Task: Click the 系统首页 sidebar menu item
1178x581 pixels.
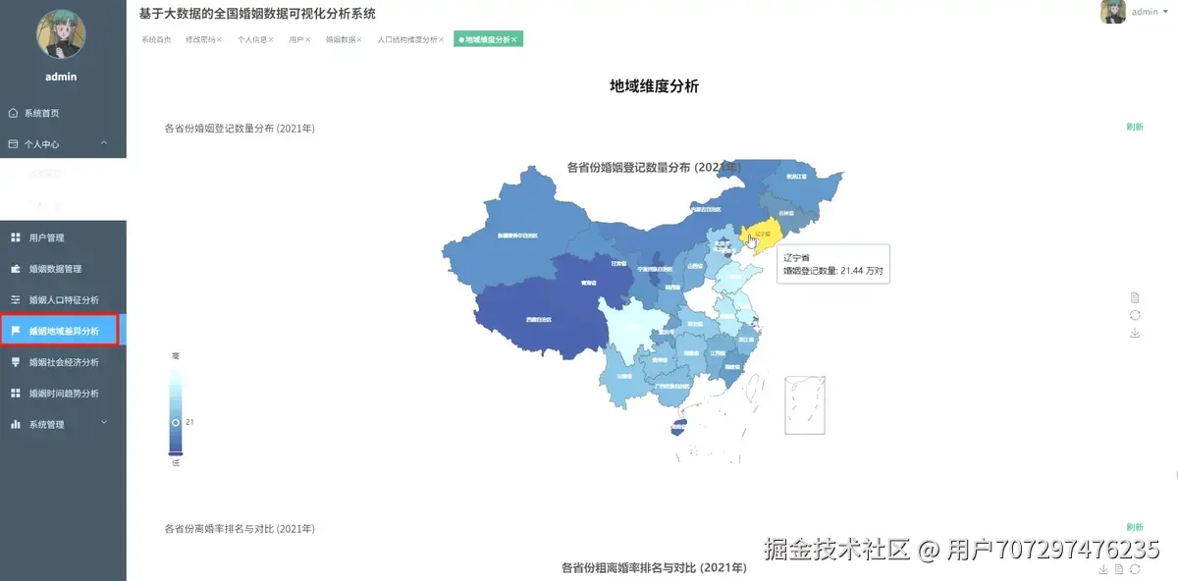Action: pyautogui.click(x=41, y=113)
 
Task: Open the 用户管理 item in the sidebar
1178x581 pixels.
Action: pyautogui.click(x=46, y=238)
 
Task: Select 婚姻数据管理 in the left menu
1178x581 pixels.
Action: pyautogui.click(x=55, y=269)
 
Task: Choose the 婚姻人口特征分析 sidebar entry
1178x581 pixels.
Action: pyautogui.click(x=63, y=300)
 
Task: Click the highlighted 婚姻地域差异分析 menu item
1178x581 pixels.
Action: pyautogui.click(x=63, y=331)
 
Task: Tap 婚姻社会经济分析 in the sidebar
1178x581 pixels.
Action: pyautogui.click(x=63, y=362)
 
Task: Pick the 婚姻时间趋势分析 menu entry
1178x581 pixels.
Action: pyautogui.click(x=63, y=394)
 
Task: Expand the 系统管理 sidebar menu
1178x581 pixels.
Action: pyautogui.click(x=46, y=425)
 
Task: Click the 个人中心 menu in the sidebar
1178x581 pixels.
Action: pyautogui.click(x=41, y=144)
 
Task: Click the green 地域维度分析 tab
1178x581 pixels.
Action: pyautogui.click(x=487, y=39)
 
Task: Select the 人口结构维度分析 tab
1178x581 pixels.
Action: pyautogui.click(x=407, y=39)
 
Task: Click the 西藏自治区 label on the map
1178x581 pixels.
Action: pyautogui.click(x=538, y=319)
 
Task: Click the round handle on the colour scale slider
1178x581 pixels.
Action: pyautogui.click(x=176, y=421)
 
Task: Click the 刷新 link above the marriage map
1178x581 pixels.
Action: pyautogui.click(x=1135, y=128)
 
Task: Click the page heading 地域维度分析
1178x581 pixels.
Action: pyautogui.click(x=654, y=86)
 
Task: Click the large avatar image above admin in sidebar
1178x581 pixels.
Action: pyautogui.click(x=61, y=33)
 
